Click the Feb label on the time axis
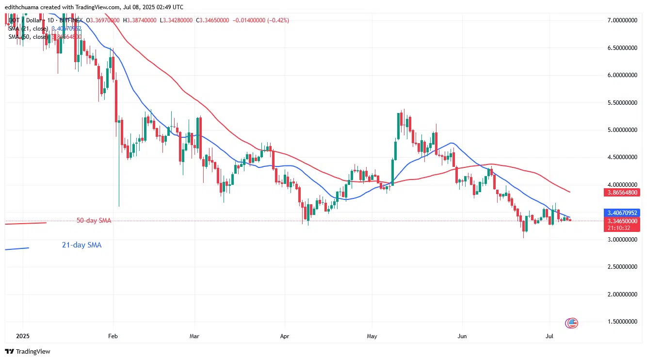(113, 336)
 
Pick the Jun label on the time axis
(462, 336)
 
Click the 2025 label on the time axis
(23, 336)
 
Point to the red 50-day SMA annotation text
(94, 221)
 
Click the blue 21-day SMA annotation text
(81, 245)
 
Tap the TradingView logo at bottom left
(28, 351)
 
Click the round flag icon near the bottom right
(572, 323)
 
